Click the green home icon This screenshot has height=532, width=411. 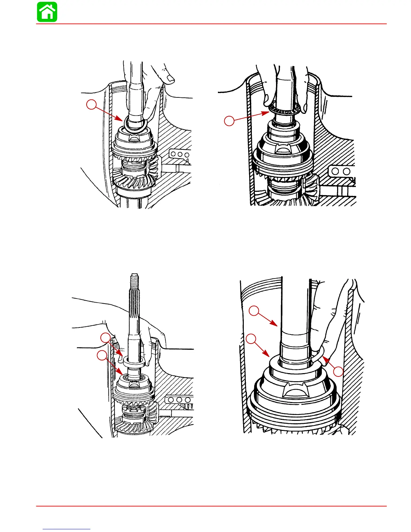[x=47, y=12]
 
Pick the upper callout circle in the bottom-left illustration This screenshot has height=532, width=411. [x=106, y=338]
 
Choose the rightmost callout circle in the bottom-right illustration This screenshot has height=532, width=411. [x=338, y=371]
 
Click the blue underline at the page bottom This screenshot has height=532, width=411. [x=67, y=529]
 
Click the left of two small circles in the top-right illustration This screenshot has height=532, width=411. [x=335, y=172]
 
